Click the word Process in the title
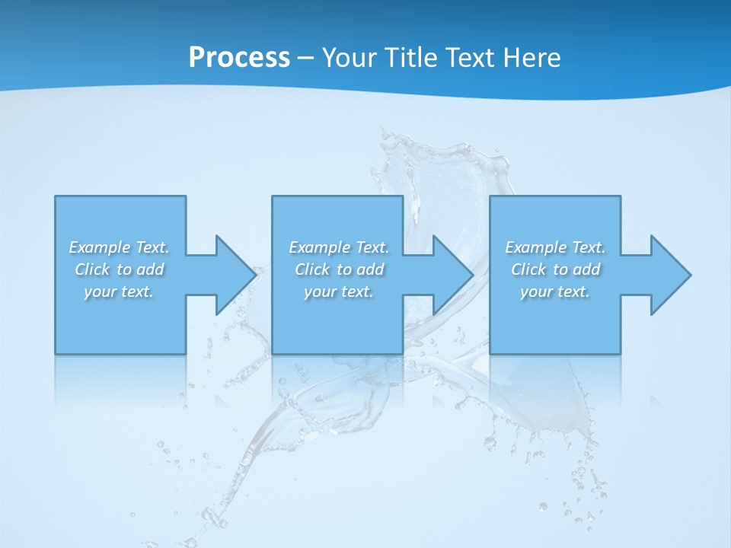point(239,58)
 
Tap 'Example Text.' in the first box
point(119,247)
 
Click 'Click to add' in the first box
point(119,269)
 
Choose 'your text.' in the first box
point(119,292)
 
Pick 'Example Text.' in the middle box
point(339,247)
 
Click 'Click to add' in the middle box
point(339,269)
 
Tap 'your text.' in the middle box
point(339,292)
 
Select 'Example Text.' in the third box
point(555,247)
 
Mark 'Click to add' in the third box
point(555,269)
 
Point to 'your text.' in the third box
point(555,292)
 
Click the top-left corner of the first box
point(56,196)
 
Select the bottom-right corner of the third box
point(620,353)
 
